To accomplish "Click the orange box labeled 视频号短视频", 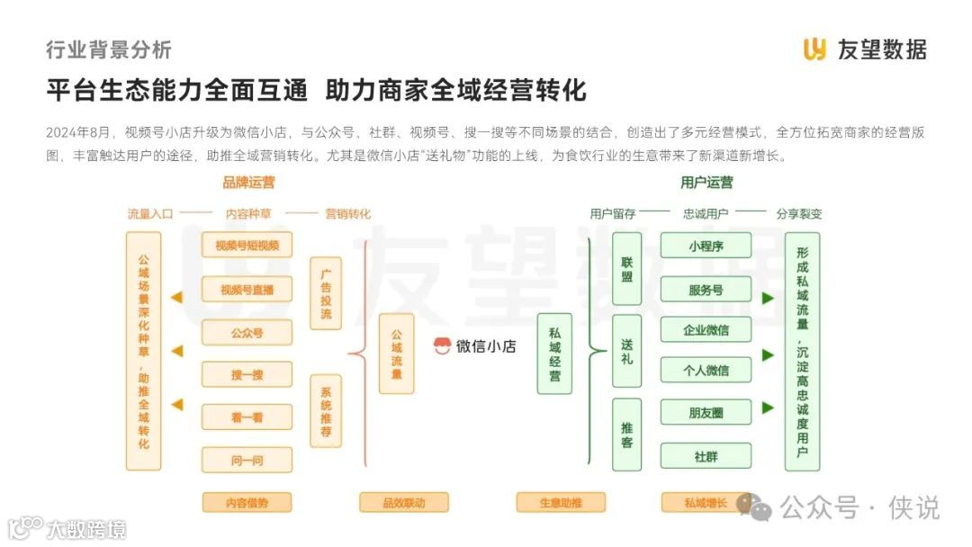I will click(x=247, y=246).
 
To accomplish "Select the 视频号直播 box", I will click(x=247, y=290).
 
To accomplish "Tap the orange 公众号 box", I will click(x=247, y=333).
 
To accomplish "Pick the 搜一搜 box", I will click(x=247, y=375).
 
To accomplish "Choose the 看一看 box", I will click(x=247, y=417).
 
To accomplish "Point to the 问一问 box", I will click(x=247, y=461).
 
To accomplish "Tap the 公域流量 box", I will click(x=396, y=354).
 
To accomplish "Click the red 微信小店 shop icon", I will click(x=442, y=346).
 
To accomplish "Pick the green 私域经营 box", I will click(x=554, y=354).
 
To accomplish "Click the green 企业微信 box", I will click(x=706, y=330).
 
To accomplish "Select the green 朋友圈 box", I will click(x=706, y=413).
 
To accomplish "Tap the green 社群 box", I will click(x=706, y=456).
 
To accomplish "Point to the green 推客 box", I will click(x=626, y=435).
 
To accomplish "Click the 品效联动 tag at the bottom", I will click(x=403, y=503).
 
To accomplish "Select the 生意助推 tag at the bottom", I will click(x=561, y=503).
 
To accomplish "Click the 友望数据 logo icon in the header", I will click(x=814, y=49).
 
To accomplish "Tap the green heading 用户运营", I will click(x=706, y=183).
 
